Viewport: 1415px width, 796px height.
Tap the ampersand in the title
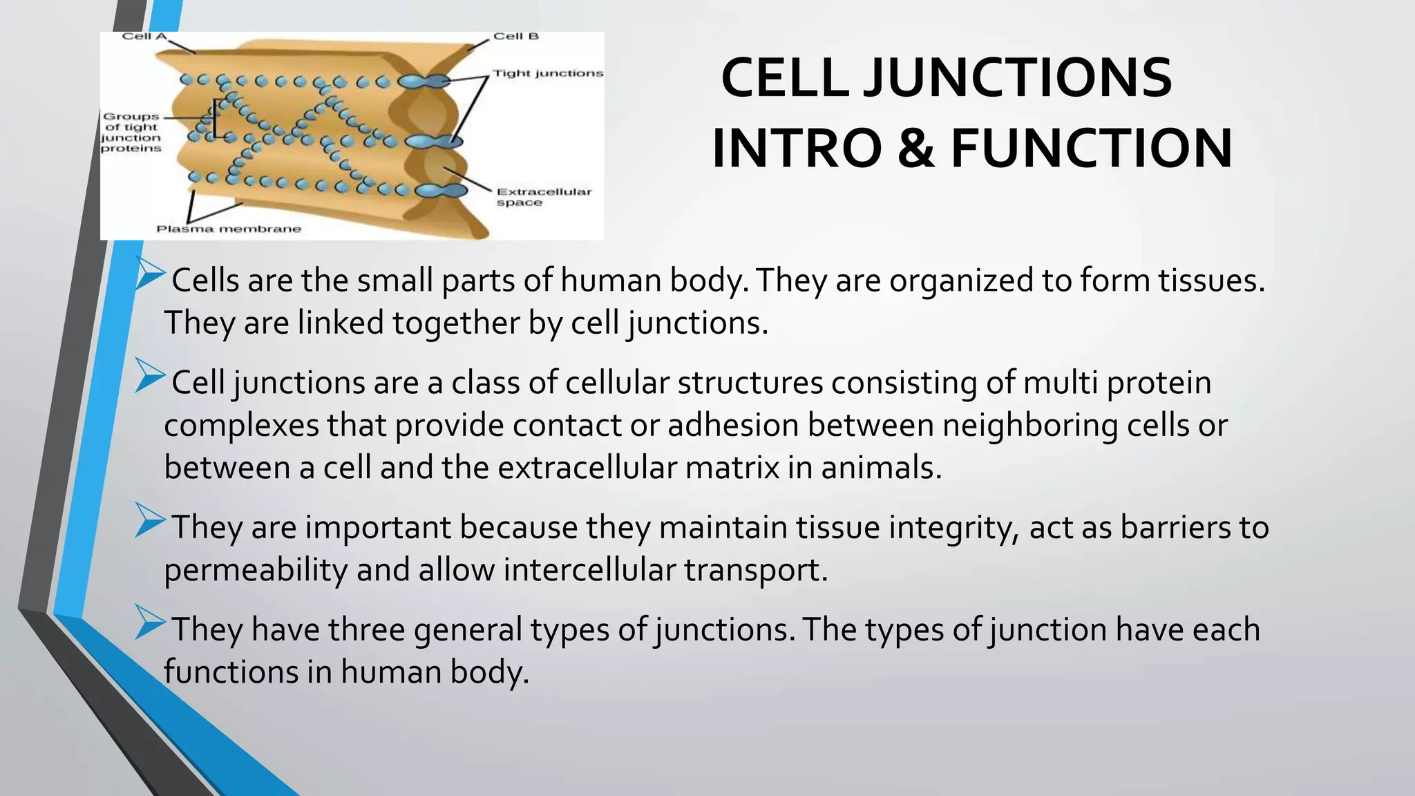tap(916, 149)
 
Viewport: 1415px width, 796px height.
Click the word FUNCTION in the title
tap(1092, 149)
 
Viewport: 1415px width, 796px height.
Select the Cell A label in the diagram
tap(144, 37)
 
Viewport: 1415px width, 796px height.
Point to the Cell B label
tap(515, 37)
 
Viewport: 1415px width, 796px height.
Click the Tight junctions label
tap(548, 73)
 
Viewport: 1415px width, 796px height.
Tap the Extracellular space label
tap(544, 197)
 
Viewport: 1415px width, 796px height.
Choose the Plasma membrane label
tap(229, 229)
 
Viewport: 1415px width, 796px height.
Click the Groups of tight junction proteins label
tap(131, 133)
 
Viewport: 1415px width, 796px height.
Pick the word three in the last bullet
tap(366, 630)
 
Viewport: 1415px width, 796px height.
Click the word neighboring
tap(1030, 426)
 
